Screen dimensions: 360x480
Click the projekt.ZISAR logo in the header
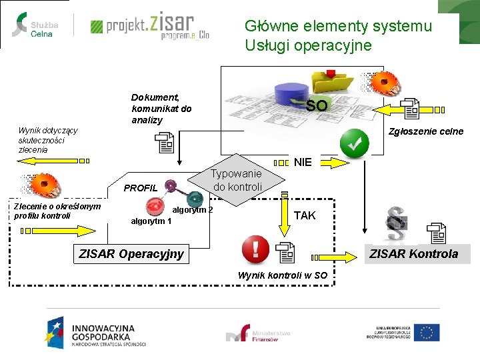click(x=149, y=26)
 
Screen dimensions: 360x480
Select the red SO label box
click(x=317, y=105)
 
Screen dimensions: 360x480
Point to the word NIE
click(x=303, y=162)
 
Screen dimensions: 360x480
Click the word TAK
click(x=305, y=215)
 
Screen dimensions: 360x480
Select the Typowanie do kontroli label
click(x=237, y=179)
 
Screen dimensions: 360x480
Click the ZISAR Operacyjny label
click(x=131, y=253)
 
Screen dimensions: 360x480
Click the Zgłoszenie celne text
click(x=425, y=131)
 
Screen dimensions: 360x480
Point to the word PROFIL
click(x=141, y=188)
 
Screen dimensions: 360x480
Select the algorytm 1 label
click(x=151, y=221)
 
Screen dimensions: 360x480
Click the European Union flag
click(x=427, y=333)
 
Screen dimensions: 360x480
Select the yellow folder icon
click(x=333, y=81)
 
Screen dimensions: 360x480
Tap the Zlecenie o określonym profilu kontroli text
click(x=57, y=211)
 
